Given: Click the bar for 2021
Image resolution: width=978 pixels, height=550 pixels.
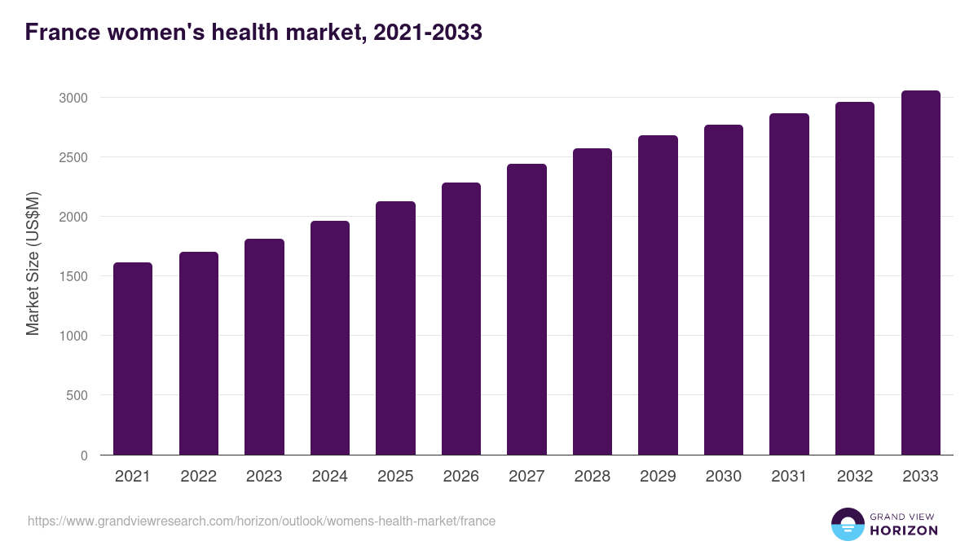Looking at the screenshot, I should pos(133,359).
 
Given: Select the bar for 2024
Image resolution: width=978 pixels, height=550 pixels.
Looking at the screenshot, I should pos(330,338).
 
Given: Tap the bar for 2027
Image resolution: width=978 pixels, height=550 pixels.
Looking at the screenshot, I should pos(526,310).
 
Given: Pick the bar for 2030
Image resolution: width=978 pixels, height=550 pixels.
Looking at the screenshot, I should pos(724,289).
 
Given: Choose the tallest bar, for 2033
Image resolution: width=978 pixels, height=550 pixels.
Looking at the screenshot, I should pos(920,273).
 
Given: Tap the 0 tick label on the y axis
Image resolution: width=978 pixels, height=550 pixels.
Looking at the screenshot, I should pos(83,455).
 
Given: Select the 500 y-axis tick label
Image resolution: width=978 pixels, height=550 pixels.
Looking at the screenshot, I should pos(77,396).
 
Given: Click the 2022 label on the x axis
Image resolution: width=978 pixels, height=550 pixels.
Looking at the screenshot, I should pos(198,477).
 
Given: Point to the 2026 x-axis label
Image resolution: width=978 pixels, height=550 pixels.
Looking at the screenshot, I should pos(460,477).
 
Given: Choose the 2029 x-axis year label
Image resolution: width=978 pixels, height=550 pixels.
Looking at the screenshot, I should pos(658,477).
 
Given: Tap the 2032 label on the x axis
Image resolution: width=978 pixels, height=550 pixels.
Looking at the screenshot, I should pos(855,477).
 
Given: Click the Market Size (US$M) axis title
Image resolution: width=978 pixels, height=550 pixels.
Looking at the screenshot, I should pos(33,263).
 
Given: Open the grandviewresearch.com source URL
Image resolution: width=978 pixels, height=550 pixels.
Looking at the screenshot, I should pos(262,521).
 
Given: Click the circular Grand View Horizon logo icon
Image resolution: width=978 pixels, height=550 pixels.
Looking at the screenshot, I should pos(847,524).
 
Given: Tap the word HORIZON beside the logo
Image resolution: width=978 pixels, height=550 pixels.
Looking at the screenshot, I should pos(904,530).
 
